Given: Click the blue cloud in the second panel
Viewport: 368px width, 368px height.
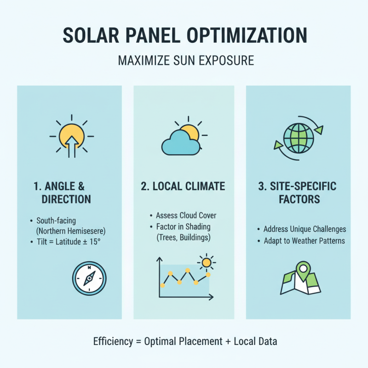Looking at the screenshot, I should point(180,143).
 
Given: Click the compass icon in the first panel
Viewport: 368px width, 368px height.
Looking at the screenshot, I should point(89,278).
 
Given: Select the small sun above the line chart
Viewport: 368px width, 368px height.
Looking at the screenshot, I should point(206,262).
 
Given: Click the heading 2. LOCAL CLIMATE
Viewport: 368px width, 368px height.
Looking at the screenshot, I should point(184,186).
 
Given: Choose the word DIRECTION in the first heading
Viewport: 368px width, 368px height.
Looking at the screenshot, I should point(66,199).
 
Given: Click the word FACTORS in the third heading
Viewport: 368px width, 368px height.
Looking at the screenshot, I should point(298,200).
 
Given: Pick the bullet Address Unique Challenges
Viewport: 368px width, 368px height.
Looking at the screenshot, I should point(305,229).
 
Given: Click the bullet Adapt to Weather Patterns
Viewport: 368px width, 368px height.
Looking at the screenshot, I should point(305,241).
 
